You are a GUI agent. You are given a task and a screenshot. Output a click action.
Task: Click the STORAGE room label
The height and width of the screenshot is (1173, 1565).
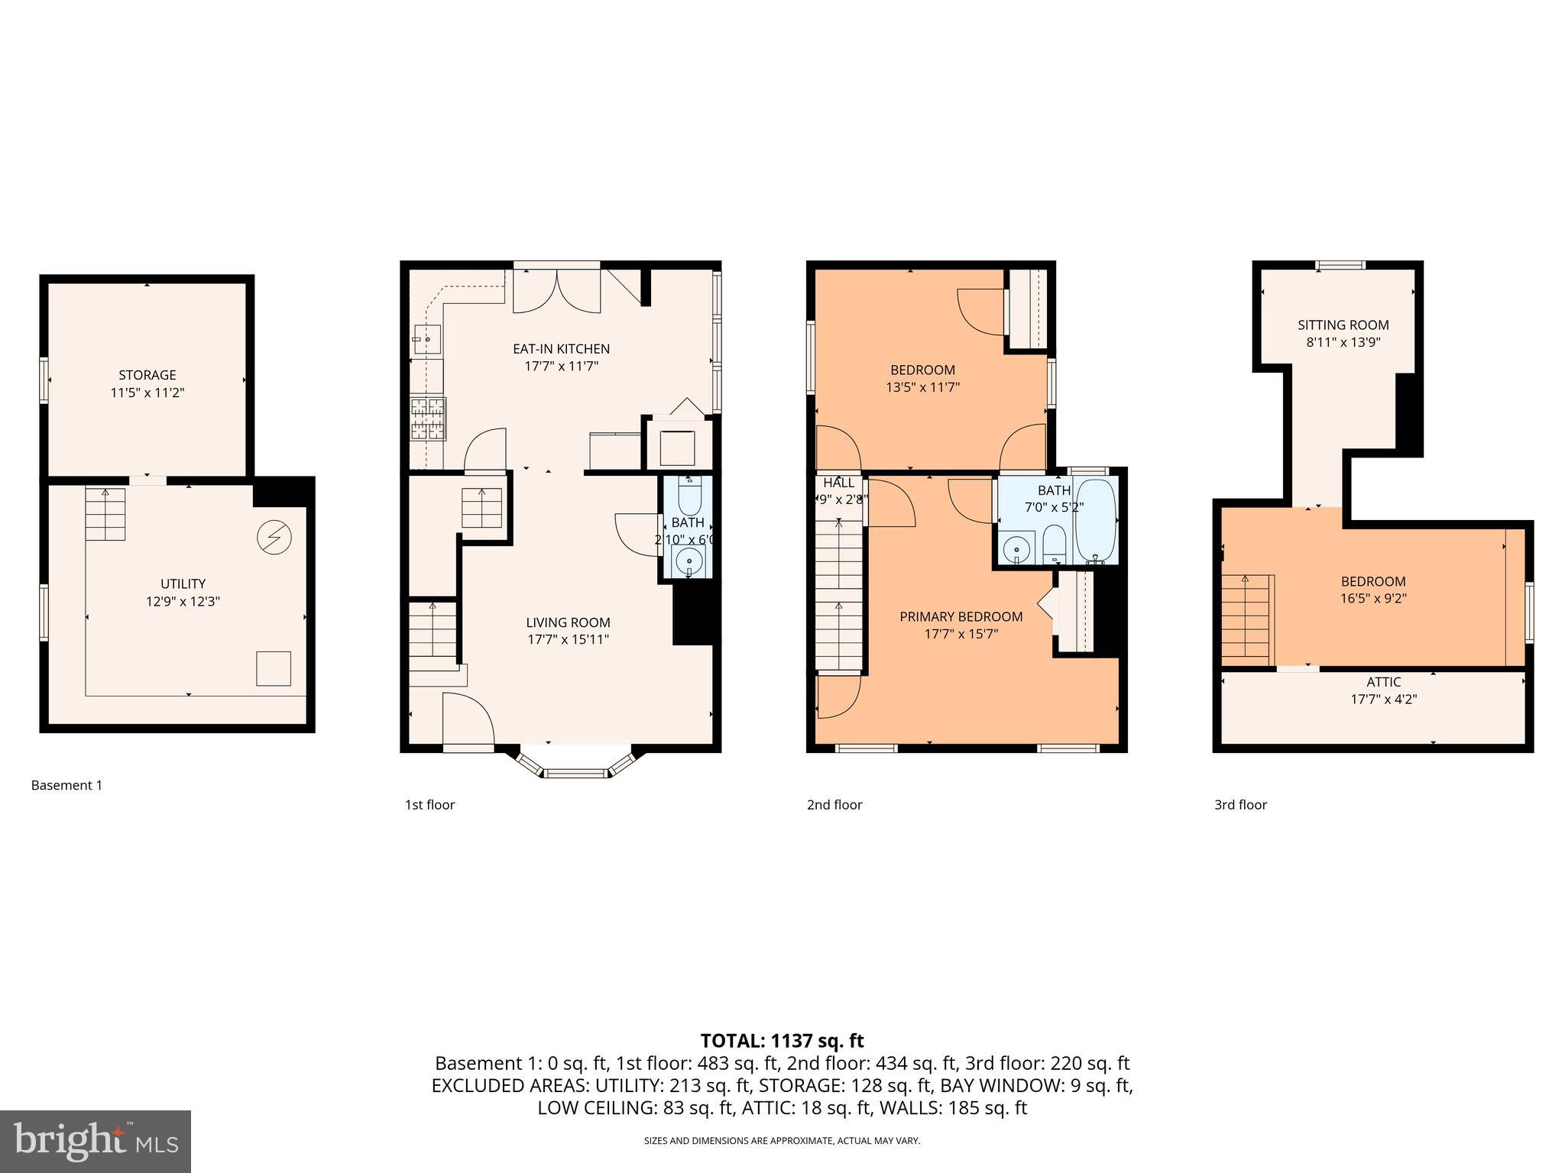pyautogui.click(x=147, y=375)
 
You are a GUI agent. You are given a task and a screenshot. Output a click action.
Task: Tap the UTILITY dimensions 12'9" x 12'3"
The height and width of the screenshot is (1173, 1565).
pyautogui.click(x=183, y=602)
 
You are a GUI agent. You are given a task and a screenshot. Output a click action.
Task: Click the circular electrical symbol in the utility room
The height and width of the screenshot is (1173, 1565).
pyautogui.click(x=274, y=538)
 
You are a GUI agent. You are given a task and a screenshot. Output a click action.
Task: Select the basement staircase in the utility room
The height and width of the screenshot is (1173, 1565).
pyautogui.click(x=105, y=513)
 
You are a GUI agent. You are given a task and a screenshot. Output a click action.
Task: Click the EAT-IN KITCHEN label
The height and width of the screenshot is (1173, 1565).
pyautogui.click(x=561, y=349)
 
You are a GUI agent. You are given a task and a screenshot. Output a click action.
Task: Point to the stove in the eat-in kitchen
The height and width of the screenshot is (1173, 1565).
pyautogui.click(x=428, y=418)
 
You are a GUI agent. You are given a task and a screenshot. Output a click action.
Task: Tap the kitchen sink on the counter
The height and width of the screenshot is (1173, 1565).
pyautogui.click(x=426, y=338)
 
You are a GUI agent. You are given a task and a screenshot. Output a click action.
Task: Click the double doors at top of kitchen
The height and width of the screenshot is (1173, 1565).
pyautogui.click(x=556, y=289)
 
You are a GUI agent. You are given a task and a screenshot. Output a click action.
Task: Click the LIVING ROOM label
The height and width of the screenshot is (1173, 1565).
pyautogui.click(x=568, y=622)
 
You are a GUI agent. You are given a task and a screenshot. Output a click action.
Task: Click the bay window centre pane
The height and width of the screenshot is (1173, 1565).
pyautogui.click(x=576, y=774)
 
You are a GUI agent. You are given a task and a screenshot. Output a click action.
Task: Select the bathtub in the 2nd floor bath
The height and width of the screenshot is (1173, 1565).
pyautogui.click(x=1096, y=521)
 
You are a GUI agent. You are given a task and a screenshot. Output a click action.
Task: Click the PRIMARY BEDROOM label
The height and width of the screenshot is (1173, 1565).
pyautogui.click(x=961, y=617)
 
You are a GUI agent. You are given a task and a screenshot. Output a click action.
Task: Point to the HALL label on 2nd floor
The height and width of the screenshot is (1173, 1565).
pyautogui.click(x=838, y=483)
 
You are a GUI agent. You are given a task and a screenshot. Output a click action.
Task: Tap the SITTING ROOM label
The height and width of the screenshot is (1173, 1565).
pyautogui.click(x=1343, y=325)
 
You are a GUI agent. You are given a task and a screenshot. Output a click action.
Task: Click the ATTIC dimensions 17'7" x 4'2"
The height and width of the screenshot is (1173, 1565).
pyautogui.click(x=1383, y=699)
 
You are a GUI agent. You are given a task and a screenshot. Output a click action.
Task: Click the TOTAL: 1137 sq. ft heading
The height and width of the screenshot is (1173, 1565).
pyautogui.click(x=782, y=1041)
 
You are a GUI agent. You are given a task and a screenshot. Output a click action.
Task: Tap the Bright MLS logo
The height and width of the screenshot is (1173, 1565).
pyautogui.click(x=95, y=1141)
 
